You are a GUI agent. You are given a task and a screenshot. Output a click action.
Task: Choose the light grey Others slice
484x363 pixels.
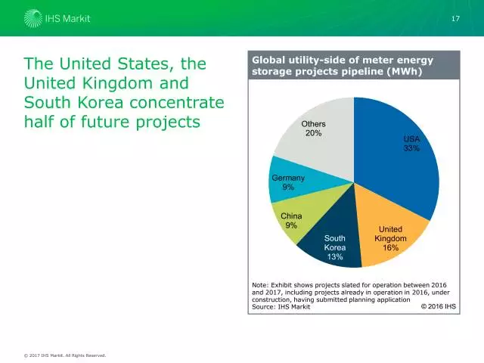pyautogui.click(x=318, y=140)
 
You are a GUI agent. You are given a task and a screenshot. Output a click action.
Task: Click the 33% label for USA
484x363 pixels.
pyautogui.click(x=411, y=149)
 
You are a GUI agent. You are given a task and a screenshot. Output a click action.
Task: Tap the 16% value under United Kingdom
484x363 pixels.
pyautogui.click(x=390, y=248)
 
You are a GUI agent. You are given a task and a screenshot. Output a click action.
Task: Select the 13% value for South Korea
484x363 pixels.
pyautogui.click(x=334, y=257)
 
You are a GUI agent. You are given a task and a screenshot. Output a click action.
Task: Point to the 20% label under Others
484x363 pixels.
pyautogui.click(x=314, y=134)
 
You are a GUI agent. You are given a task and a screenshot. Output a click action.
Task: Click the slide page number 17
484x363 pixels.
pyautogui.click(x=455, y=18)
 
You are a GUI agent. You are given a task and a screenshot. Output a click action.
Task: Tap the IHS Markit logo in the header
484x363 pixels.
pyautogui.click(x=57, y=17)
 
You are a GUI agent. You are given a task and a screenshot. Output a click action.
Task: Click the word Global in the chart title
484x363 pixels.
pyautogui.click(x=269, y=60)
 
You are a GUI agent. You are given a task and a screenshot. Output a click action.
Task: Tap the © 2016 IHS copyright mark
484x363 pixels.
pyautogui.click(x=438, y=306)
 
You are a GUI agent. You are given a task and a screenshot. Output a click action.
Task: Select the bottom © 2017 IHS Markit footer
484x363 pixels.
pyautogui.click(x=64, y=355)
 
